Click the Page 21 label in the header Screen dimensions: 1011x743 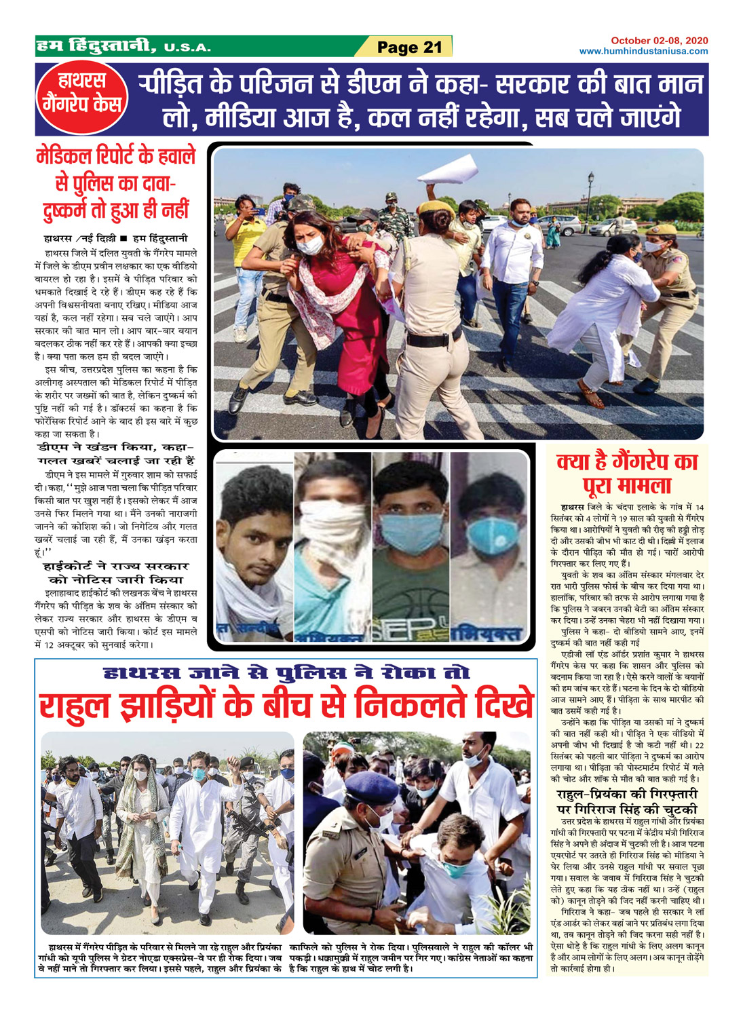tap(409, 47)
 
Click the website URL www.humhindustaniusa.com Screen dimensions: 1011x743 tap(643, 51)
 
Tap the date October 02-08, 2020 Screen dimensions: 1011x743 tap(659, 41)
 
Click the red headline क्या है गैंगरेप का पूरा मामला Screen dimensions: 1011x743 tap(627, 474)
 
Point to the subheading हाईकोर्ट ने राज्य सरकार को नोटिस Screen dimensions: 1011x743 tap(116, 572)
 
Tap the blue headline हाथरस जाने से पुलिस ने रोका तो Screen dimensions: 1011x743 tap(286, 673)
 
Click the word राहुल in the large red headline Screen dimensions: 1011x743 tap(77, 705)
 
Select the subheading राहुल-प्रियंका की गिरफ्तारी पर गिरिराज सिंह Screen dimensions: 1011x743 tap(627, 801)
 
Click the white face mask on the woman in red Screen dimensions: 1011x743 tap(309, 245)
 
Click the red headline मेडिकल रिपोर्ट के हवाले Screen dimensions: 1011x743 tap(115, 157)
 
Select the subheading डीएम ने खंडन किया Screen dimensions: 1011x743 tap(116, 453)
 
